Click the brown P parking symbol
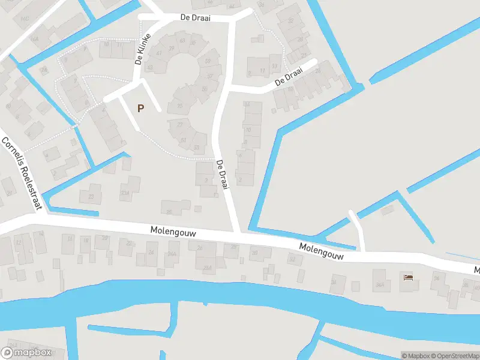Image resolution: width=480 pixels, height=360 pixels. [141, 109]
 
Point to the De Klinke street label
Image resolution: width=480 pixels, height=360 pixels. [142, 49]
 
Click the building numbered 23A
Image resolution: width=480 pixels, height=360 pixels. [125, 192]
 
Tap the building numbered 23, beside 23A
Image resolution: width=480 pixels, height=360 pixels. [91, 196]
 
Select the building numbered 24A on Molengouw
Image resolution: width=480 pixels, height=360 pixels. [172, 254]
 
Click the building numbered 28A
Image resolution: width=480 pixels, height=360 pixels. [207, 267]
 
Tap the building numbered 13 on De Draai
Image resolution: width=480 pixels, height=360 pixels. [275, 66]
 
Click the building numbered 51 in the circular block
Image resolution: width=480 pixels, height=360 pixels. [184, 140]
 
